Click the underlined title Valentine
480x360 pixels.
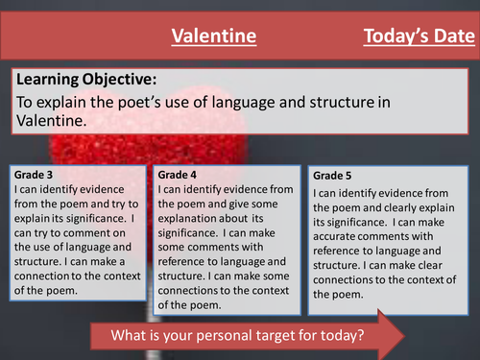213,36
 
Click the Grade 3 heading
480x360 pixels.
36,176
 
